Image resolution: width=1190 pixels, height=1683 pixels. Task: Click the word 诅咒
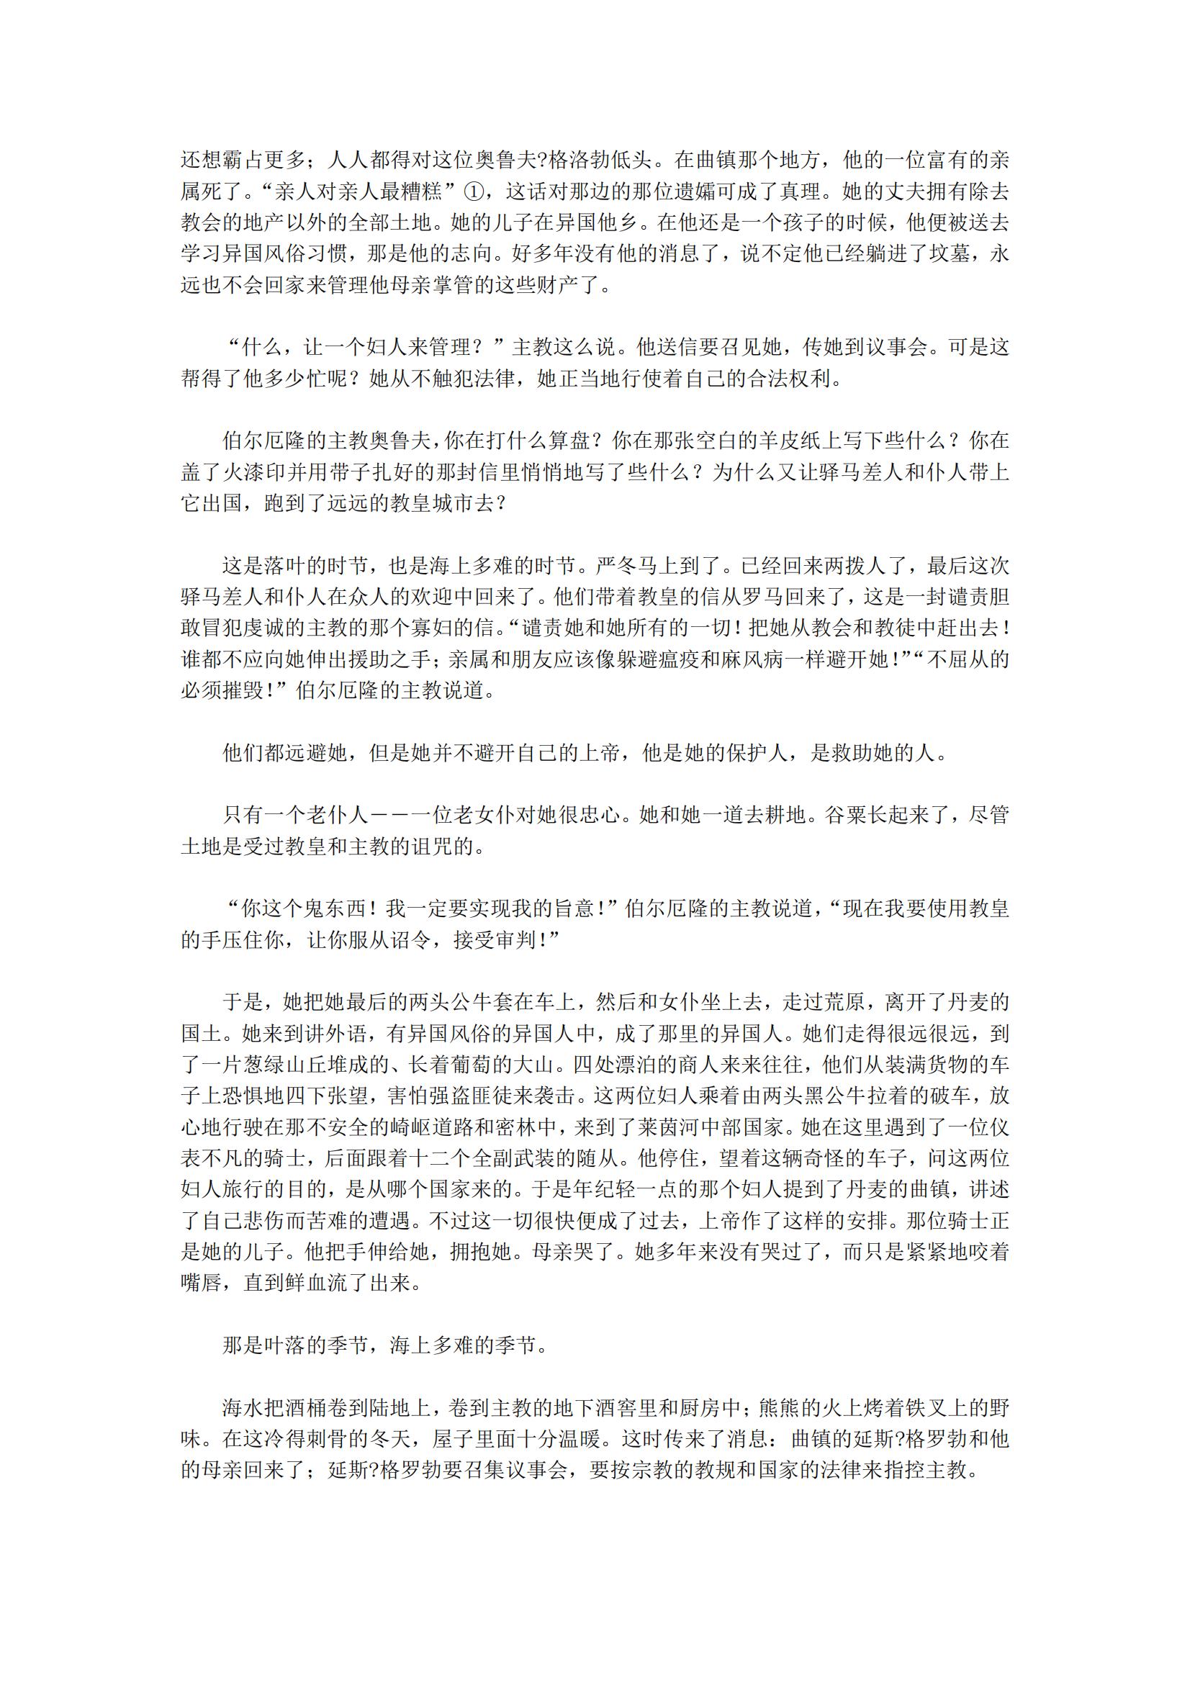pyautogui.click(x=431, y=847)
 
